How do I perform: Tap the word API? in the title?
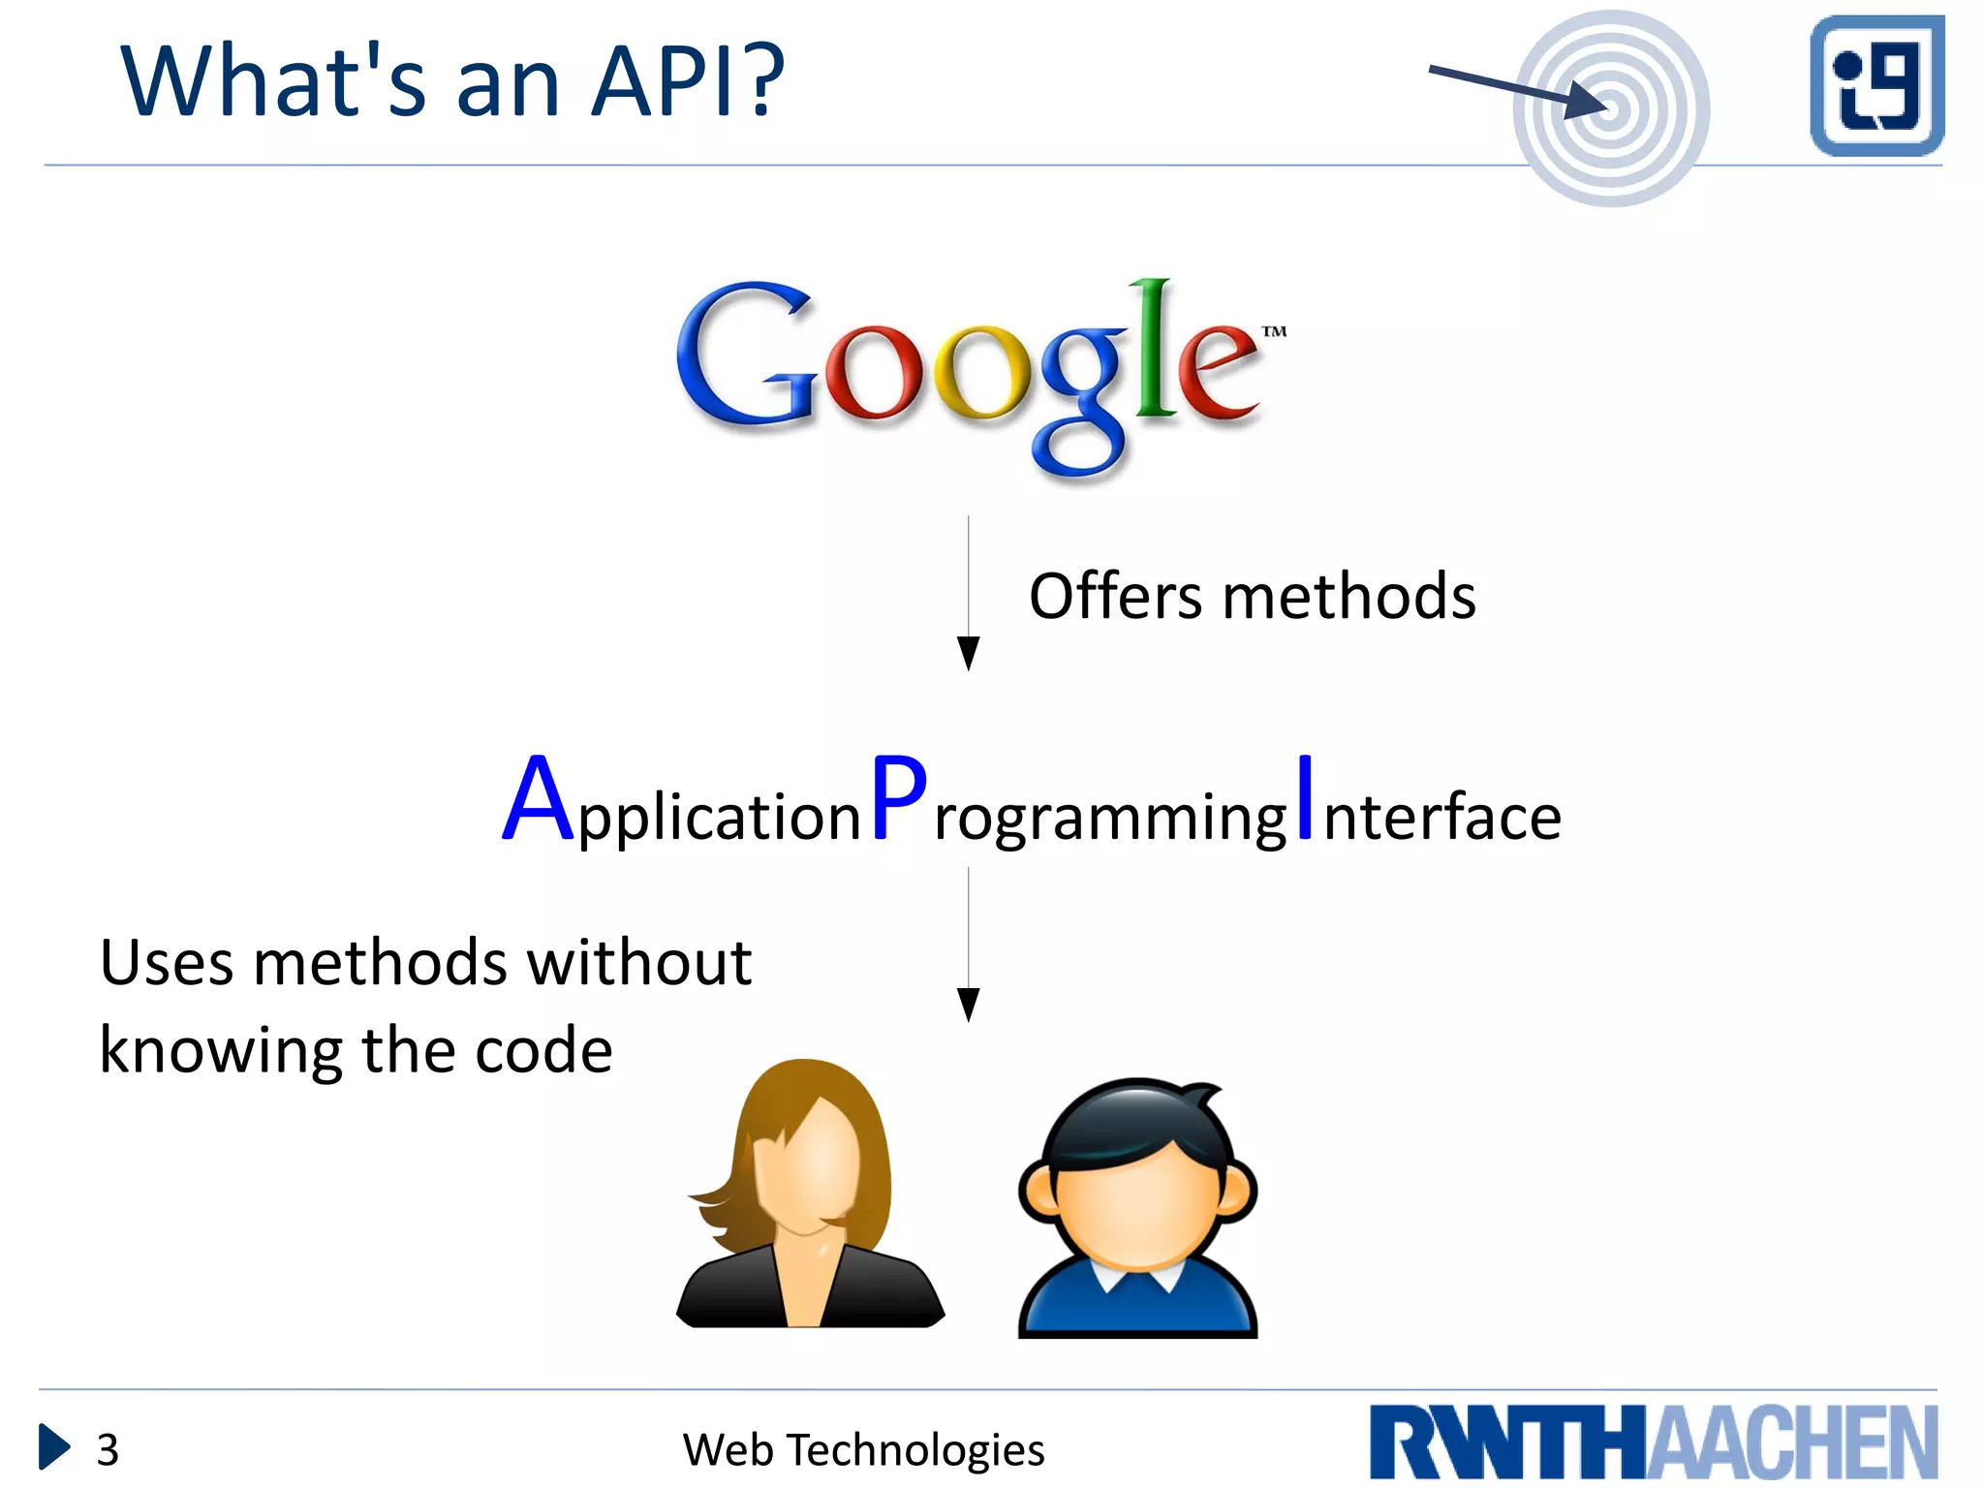click(687, 82)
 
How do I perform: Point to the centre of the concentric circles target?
click(1610, 108)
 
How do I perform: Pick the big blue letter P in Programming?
click(898, 799)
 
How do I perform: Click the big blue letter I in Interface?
click(1305, 797)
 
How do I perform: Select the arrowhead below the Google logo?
click(968, 652)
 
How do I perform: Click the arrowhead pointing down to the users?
click(968, 1004)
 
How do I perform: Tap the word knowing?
click(221, 1052)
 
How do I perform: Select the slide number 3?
click(108, 1450)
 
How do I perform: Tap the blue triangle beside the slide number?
click(53, 1447)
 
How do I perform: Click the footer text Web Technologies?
click(863, 1450)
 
